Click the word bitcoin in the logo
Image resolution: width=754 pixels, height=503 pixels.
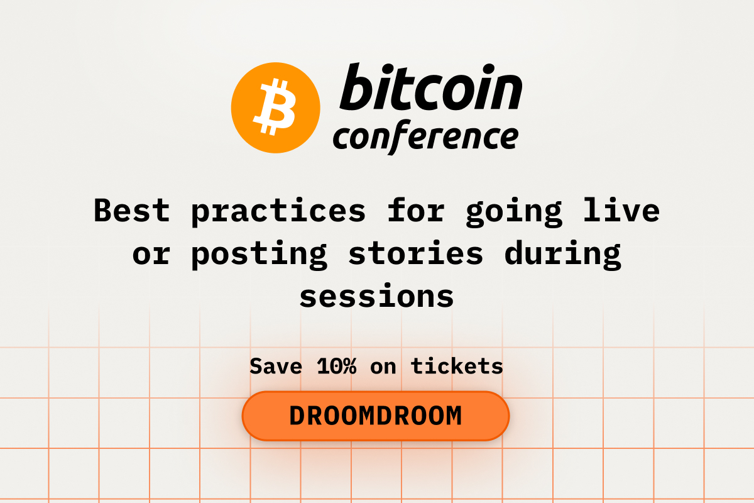click(x=430, y=87)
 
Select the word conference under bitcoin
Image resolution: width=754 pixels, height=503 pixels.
click(x=425, y=137)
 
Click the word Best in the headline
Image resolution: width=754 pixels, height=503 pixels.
click(x=131, y=211)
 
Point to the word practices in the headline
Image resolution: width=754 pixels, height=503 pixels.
click(x=278, y=211)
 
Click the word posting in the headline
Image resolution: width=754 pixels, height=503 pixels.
click(x=259, y=253)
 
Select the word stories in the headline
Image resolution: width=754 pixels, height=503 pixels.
click(x=416, y=253)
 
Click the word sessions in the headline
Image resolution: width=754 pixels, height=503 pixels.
click(x=376, y=296)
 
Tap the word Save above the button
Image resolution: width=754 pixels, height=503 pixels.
click(x=276, y=365)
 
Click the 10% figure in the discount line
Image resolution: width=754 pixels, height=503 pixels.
click(x=336, y=365)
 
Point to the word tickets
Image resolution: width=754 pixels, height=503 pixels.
click(x=457, y=365)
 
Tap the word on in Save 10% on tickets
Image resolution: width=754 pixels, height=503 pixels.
click(x=383, y=365)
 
